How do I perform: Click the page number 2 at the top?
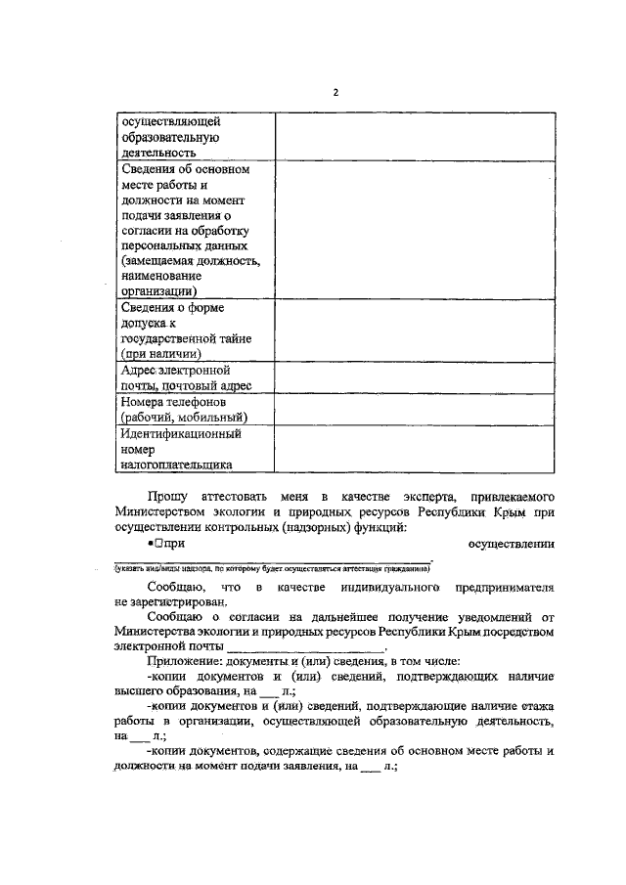pos(335,93)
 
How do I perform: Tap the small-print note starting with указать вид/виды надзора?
pos(263,568)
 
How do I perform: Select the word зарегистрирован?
pos(180,603)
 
